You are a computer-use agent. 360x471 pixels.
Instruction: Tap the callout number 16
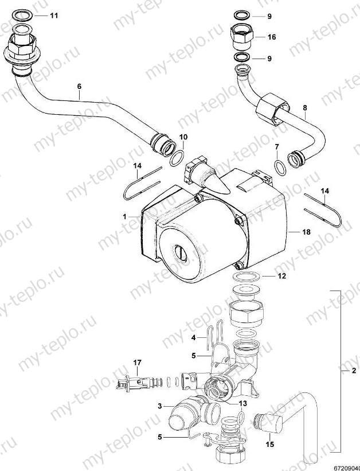tap(271, 37)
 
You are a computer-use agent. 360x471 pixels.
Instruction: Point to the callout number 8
tap(305, 107)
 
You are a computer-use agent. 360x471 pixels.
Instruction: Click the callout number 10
tap(183, 137)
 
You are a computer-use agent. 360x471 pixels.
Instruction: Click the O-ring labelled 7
tap(280, 168)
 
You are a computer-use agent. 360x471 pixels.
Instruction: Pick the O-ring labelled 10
tap(178, 158)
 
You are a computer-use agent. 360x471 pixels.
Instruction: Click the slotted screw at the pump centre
tap(181, 251)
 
